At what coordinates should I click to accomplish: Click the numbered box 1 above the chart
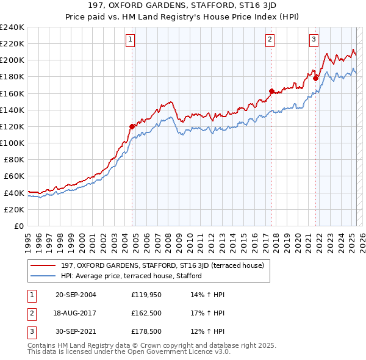[x=131, y=40]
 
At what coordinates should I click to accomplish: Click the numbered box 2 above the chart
[x=270, y=40]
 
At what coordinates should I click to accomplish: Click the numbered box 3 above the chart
[x=314, y=40]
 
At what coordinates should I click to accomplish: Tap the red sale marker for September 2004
[x=132, y=126]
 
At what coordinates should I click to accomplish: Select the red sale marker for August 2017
[x=271, y=91]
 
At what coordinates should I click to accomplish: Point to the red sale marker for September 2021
[x=315, y=78]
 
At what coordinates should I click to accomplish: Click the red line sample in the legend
[x=43, y=265]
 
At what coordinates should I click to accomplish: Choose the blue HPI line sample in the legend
[x=43, y=276]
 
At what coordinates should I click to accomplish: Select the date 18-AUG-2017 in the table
[x=76, y=314]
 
